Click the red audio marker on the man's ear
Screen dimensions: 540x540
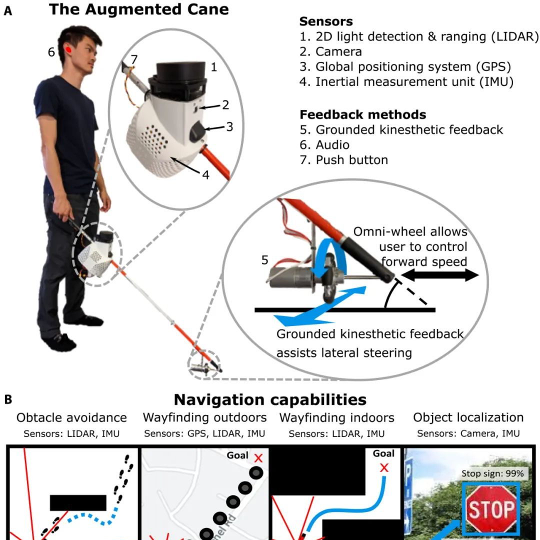pyautogui.click(x=68, y=50)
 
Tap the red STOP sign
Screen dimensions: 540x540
pyautogui.click(x=491, y=509)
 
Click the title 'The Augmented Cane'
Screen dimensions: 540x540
pyautogui.click(x=138, y=9)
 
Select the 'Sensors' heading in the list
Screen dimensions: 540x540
pyautogui.click(x=325, y=21)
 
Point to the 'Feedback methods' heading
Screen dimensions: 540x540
pyautogui.click(x=362, y=114)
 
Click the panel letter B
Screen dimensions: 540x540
pyautogui.click(x=8, y=400)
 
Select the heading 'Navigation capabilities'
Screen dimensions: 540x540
pyautogui.click(x=270, y=400)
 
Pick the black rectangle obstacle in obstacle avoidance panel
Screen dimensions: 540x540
pyautogui.click(x=78, y=502)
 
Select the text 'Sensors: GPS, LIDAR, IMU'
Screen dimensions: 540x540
pyautogui.click(x=203, y=433)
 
